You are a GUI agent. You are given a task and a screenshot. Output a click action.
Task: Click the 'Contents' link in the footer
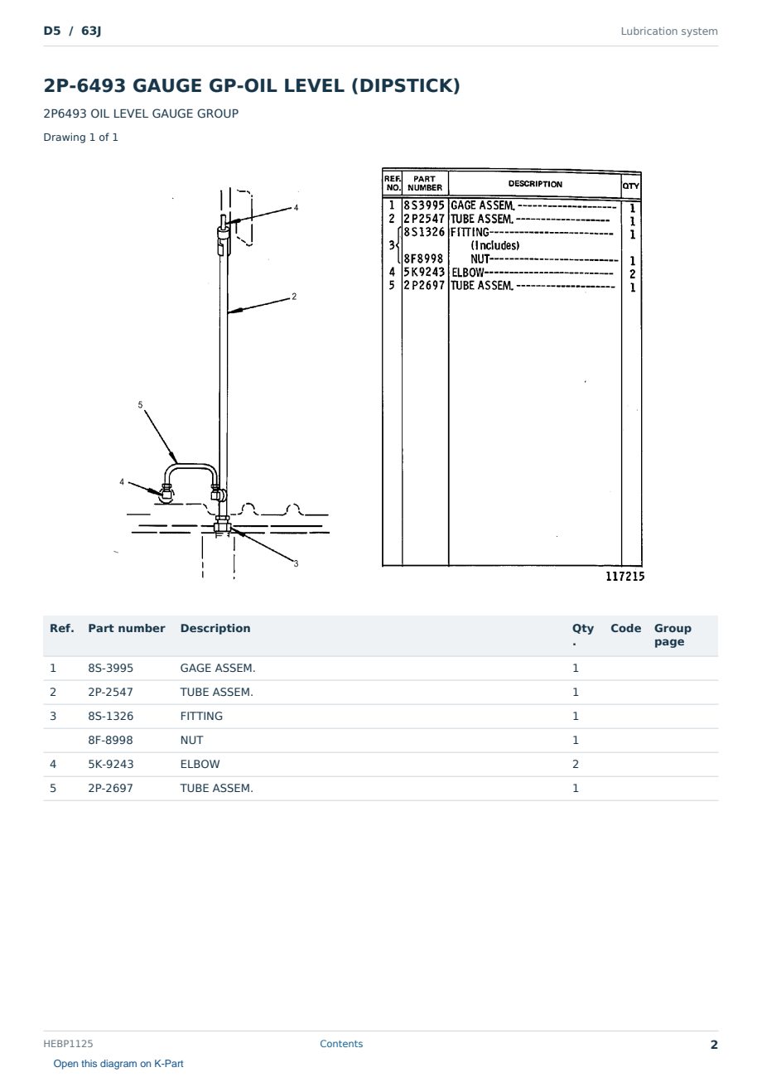(x=341, y=1043)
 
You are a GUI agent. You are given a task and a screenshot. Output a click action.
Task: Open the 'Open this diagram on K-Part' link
(x=118, y=1063)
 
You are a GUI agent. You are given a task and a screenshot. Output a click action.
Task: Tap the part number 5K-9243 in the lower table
(x=111, y=764)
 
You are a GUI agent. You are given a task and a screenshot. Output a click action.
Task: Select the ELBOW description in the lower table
(x=200, y=764)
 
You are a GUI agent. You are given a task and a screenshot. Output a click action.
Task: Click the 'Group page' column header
(x=673, y=635)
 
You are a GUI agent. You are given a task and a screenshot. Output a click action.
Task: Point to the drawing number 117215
(x=625, y=576)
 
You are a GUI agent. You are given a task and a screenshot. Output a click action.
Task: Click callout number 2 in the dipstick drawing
(x=294, y=297)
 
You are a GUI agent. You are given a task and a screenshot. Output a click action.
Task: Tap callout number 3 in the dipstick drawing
(x=297, y=563)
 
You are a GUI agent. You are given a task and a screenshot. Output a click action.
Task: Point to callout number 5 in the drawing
(x=140, y=405)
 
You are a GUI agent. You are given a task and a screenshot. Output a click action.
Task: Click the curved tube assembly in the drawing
(x=190, y=465)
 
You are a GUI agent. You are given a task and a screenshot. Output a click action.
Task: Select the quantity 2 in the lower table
(x=576, y=764)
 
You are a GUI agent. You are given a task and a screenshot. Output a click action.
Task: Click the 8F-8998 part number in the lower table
(x=110, y=740)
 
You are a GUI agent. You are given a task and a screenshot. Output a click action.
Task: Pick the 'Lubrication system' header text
(x=668, y=31)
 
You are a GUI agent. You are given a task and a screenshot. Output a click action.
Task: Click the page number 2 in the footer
(x=714, y=1045)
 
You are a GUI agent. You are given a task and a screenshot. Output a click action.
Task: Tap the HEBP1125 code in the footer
(x=68, y=1043)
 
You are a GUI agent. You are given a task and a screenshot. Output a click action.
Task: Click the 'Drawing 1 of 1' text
(x=81, y=137)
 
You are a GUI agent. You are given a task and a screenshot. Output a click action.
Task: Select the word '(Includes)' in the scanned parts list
(x=495, y=245)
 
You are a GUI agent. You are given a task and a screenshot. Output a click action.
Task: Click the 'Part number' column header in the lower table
(x=127, y=628)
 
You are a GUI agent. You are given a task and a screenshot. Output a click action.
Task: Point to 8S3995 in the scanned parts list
(x=424, y=205)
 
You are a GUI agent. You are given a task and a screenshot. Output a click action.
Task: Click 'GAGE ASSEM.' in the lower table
(x=218, y=668)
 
